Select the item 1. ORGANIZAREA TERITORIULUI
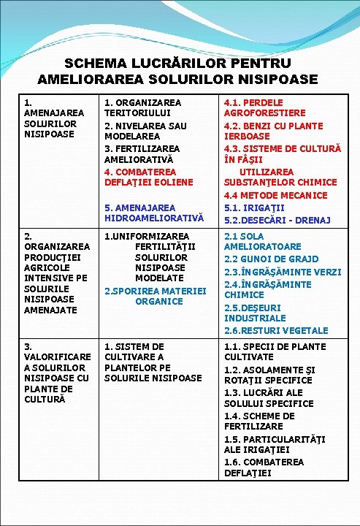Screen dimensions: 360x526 pos(142,108)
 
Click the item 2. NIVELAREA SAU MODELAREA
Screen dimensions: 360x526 pos(145,131)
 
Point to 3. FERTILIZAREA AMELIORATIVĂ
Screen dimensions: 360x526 pos(142,153)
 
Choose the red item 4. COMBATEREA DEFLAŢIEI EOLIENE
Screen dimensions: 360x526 pos(148,176)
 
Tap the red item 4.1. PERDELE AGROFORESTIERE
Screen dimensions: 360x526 pos(264,108)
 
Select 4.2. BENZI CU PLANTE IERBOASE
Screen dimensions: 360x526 pos(273,131)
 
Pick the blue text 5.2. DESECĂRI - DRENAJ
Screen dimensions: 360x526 pos(277,220)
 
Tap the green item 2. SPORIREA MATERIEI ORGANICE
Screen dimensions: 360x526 pos(156,296)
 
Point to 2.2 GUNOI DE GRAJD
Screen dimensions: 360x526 pos(271,259)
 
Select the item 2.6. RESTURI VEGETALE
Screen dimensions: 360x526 pos(276,330)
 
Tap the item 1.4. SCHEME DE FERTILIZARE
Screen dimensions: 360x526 pos(259,421)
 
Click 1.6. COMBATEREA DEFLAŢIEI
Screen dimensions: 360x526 pos(264,467)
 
